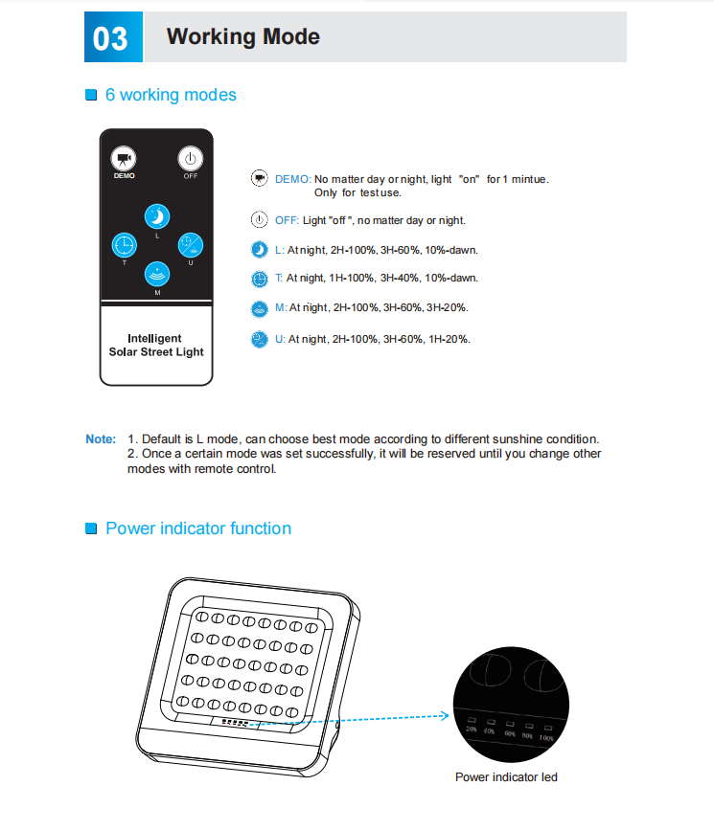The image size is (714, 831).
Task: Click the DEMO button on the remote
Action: [124, 159]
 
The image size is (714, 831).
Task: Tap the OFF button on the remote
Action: [191, 159]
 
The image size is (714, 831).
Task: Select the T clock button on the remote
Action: [124, 245]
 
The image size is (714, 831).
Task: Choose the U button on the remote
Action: [191, 245]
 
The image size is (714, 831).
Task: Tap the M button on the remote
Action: [157, 275]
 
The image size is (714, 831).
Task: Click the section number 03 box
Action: [112, 37]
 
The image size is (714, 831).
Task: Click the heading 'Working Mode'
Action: [242, 37]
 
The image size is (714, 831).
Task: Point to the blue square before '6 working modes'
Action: [92, 96]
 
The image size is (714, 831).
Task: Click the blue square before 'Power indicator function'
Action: [92, 529]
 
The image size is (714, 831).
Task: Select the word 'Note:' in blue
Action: [101, 439]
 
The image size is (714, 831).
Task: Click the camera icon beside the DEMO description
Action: [259, 179]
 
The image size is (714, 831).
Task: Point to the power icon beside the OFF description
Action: [259, 219]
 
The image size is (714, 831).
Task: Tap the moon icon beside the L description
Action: [259, 249]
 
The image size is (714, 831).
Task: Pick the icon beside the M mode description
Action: [259, 308]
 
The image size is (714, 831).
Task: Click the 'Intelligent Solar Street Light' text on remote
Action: [156, 345]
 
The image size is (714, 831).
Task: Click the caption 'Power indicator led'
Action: [506, 776]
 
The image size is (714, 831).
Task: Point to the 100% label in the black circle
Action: [546, 738]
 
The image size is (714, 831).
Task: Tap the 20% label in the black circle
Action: [471, 730]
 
